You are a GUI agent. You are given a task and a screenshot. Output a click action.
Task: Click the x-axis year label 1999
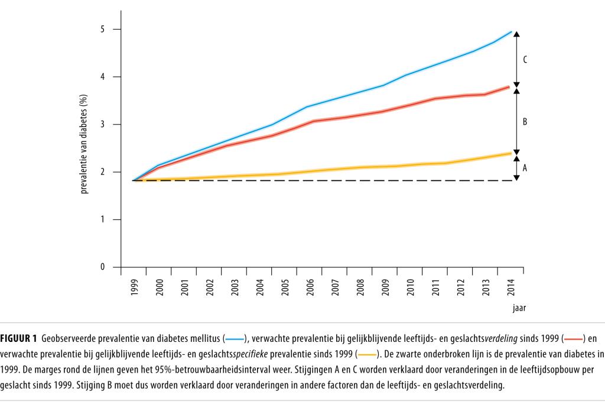click(x=135, y=287)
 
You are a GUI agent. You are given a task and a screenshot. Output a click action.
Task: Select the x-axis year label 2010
click(x=411, y=287)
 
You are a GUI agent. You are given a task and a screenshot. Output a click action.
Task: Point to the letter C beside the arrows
click(x=525, y=60)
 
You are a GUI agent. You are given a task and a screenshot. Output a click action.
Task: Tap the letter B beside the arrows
click(x=525, y=122)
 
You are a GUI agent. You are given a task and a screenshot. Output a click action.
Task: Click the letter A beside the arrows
click(x=525, y=168)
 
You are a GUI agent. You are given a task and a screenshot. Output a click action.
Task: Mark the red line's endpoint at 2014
click(x=510, y=87)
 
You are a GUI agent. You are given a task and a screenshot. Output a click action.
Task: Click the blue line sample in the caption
click(x=235, y=338)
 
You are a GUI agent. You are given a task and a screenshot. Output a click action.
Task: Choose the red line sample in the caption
click(x=573, y=338)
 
